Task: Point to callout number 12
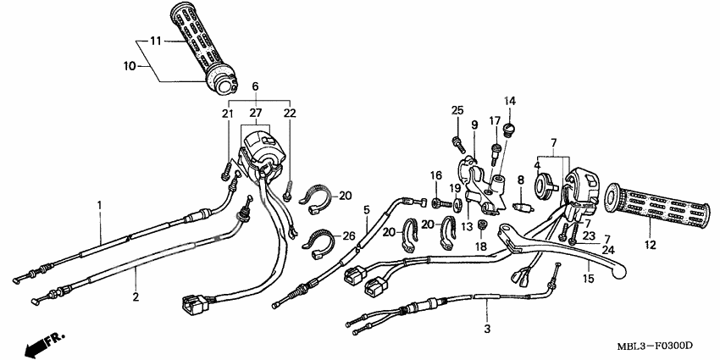(650, 246)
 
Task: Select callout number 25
(457, 110)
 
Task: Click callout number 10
(130, 64)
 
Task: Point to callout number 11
(155, 41)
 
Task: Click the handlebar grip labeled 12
(661, 206)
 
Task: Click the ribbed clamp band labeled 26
(315, 242)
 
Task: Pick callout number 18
(479, 246)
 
